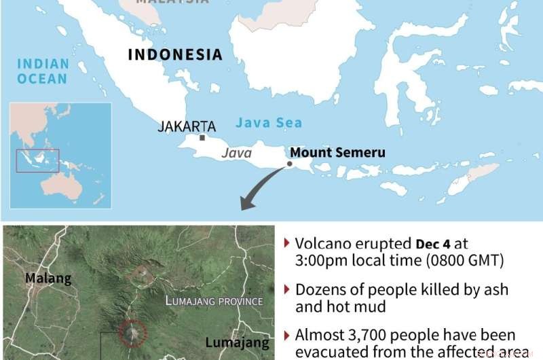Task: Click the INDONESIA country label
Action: pos(175,55)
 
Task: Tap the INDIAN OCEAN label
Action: pos(43,71)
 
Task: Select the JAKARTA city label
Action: pos(187,126)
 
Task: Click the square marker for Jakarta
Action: pos(202,137)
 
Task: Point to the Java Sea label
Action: pos(268,123)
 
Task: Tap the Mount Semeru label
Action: pos(337,152)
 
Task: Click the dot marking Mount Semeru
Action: pos(290,164)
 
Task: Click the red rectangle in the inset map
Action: pos(38,160)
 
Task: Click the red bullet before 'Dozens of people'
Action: pos(288,289)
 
